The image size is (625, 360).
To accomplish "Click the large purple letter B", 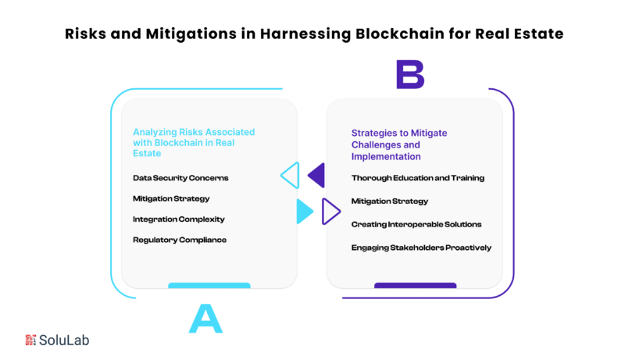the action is coord(410,74).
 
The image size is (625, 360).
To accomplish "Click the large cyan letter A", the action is coord(205,319).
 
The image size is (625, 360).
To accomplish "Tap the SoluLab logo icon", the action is coord(30,340).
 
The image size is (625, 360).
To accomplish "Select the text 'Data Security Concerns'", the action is coord(180,178).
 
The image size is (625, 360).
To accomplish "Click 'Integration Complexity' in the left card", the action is coord(179,219).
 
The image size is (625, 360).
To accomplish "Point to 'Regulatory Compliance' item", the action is coord(180,240).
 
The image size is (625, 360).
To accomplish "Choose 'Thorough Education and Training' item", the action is coord(418,178).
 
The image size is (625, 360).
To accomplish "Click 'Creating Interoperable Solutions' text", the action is coord(416,225).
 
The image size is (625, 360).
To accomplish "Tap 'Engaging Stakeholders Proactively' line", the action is coord(421,248).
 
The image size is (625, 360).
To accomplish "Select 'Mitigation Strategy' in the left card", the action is coord(171,198).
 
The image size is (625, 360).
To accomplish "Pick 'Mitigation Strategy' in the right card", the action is coord(389,201).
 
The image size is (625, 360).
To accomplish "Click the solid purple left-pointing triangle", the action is coord(318,175).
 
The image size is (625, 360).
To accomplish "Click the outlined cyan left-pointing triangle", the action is coord(291,175).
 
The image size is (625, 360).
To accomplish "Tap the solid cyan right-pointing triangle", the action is coord(304,212).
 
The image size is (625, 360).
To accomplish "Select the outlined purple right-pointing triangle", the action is coord(330,212).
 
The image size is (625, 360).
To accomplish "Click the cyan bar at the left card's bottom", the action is coord(209,286).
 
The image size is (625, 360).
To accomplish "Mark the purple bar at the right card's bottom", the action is coord(416,286).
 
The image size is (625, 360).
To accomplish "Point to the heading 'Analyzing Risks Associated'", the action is coord(194,132).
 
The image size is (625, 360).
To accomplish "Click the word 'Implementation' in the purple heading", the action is coord(386,156).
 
